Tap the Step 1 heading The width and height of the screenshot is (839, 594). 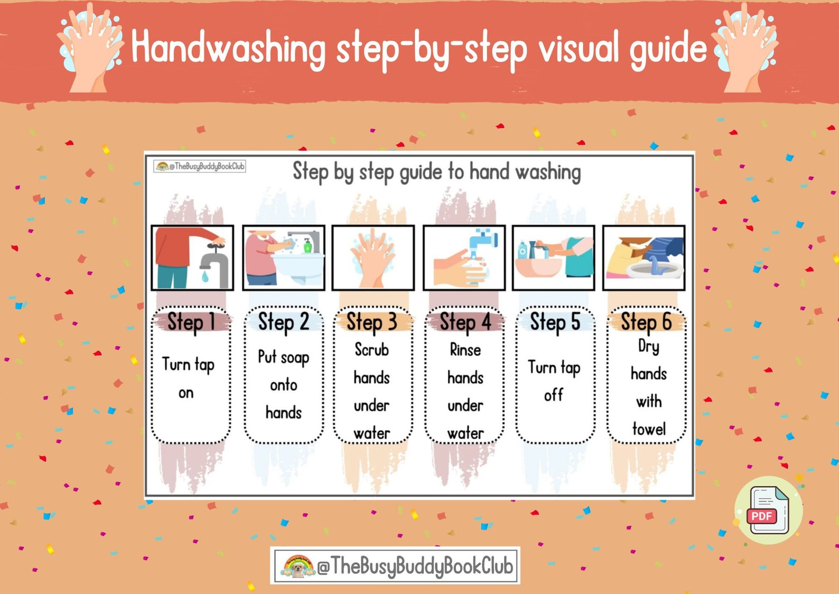[x=191, y=322]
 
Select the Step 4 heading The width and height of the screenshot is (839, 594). [x=465, y=322]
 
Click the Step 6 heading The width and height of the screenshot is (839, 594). [x=646, y=322]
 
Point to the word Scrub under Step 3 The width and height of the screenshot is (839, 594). [x=371, y=350]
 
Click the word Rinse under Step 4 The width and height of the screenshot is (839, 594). [x=465, y=350]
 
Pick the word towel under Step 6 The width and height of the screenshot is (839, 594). [x=649, y=428]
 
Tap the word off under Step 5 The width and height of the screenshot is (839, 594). [x=554, y=395]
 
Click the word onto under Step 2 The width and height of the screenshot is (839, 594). [x=284, y=385]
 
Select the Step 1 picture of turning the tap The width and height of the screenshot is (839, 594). [x=192, y=258]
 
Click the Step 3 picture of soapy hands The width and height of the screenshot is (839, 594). [x=373, y=258]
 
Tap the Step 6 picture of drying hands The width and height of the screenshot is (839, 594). [x=644, y=258]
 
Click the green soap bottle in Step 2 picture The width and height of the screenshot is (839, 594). [x=307, y=245]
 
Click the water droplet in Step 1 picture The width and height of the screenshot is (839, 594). [x=205, y=276]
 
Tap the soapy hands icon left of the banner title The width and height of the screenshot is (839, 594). [x=91, y=47]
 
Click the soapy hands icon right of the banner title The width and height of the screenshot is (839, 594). [x=745, y=47]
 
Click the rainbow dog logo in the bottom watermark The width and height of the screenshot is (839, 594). [x=297, y=566]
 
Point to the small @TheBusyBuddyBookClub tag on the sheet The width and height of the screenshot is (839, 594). [x=200, y=166]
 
